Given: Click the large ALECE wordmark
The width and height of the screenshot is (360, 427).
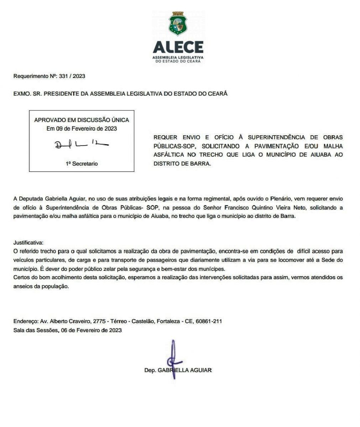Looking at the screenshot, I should [178, 47].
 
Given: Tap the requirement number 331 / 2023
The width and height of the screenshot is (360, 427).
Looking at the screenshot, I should [72, 76].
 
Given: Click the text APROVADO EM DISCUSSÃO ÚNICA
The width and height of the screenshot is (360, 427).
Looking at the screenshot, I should [82, 120].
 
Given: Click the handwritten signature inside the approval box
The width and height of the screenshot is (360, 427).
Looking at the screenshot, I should [81, 144].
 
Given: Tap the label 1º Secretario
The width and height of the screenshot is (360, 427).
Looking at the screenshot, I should [82, 164].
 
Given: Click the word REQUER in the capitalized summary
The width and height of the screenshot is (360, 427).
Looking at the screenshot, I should [165, 137].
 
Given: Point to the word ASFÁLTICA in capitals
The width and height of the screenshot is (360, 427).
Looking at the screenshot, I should [169, 155].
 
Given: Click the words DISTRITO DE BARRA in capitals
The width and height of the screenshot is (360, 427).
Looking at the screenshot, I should [182, 164].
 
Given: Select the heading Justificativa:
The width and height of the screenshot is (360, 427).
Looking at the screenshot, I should [28, 243].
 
